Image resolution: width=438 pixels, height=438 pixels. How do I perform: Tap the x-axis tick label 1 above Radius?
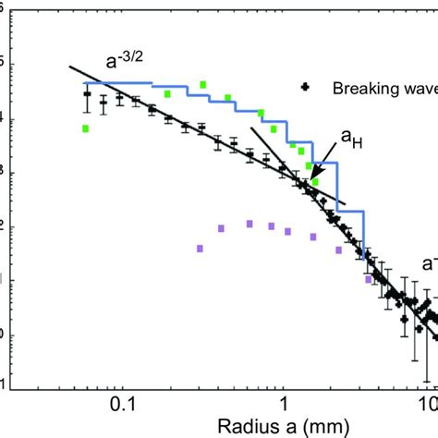click(284, 404)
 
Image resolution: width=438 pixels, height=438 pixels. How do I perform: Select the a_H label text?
click(351, 138)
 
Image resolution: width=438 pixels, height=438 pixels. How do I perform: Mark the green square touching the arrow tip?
click(315, 182)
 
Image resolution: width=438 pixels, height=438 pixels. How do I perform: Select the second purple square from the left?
click(222, 227)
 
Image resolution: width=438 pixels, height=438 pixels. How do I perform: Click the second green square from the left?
click(167, 93)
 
